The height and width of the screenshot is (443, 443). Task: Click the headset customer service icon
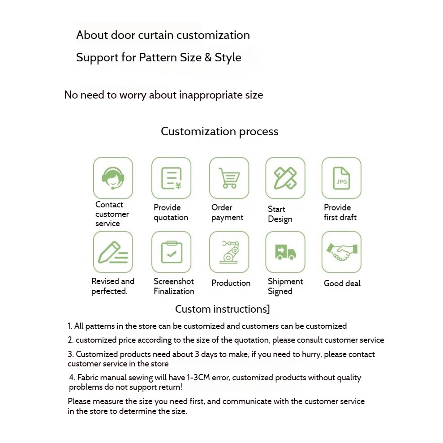pos(113,177)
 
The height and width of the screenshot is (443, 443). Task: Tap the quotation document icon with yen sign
pos(171,178)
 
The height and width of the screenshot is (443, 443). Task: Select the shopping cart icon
pos(229,178)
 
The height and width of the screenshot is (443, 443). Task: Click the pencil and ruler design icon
pos(285,178)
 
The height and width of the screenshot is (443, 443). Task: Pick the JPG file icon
pos(341,178)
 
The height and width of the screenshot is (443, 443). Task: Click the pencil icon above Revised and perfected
pos(113,252)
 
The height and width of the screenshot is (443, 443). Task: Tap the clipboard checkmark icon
pos(171,252)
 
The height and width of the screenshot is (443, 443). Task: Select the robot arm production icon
pos(229,252)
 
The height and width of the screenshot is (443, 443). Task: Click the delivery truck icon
pos(285,252)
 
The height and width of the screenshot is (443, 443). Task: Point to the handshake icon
pos(341,252)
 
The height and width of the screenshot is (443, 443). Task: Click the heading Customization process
pos(219,132)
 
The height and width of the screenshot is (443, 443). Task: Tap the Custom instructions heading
pos(222,309)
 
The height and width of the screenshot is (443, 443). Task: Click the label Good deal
pos(342,284)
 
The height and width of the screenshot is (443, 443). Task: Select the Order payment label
pos(227,213)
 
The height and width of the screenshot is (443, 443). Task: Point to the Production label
pos(231,283)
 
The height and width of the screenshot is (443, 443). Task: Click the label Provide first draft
pos(340,212)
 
